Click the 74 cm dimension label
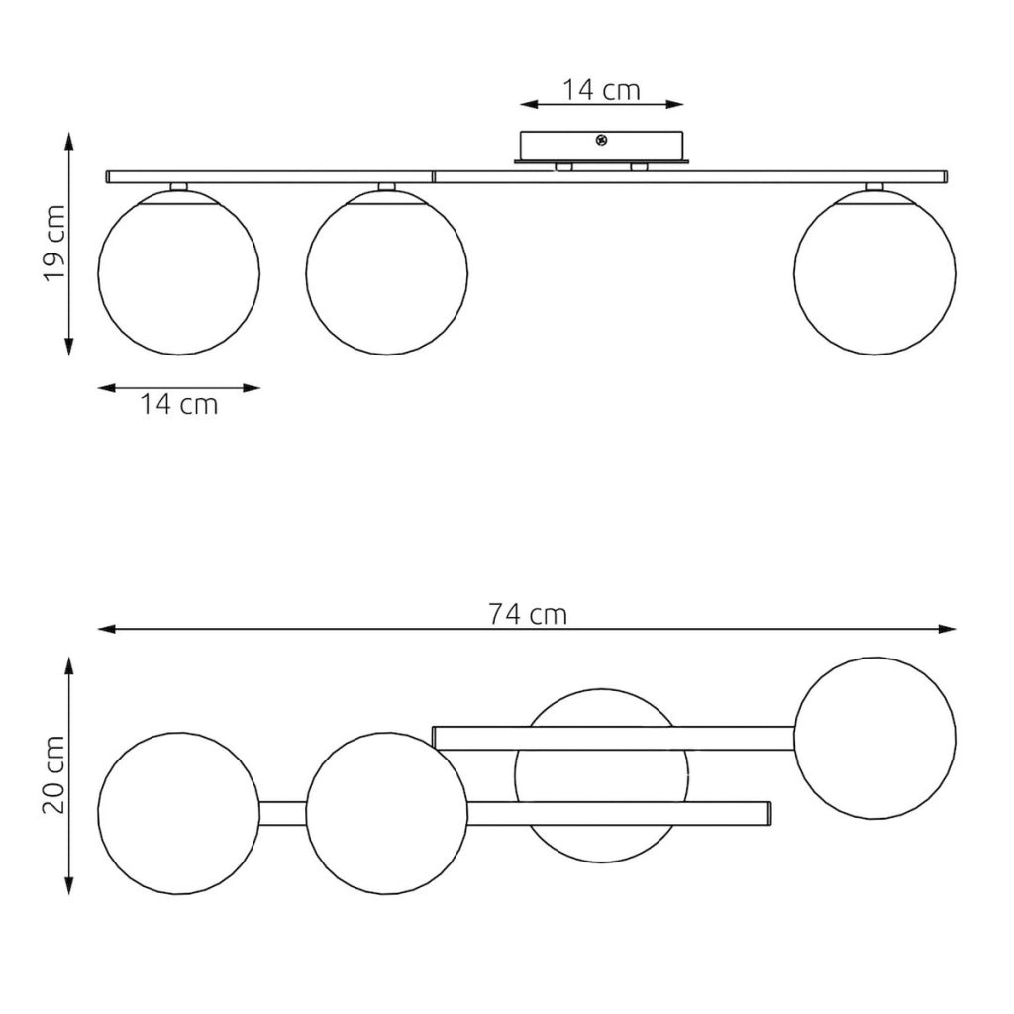coord(528,614)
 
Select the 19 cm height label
coord(54,244)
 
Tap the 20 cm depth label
coord(54,774)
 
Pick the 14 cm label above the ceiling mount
coord(601,90)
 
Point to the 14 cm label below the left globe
coord(179,404)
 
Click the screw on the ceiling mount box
coord(601,139)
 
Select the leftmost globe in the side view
coord(179,273)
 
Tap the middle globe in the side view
coord(387,273)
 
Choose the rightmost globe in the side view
coord(874,273)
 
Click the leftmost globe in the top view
coord(179,814)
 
